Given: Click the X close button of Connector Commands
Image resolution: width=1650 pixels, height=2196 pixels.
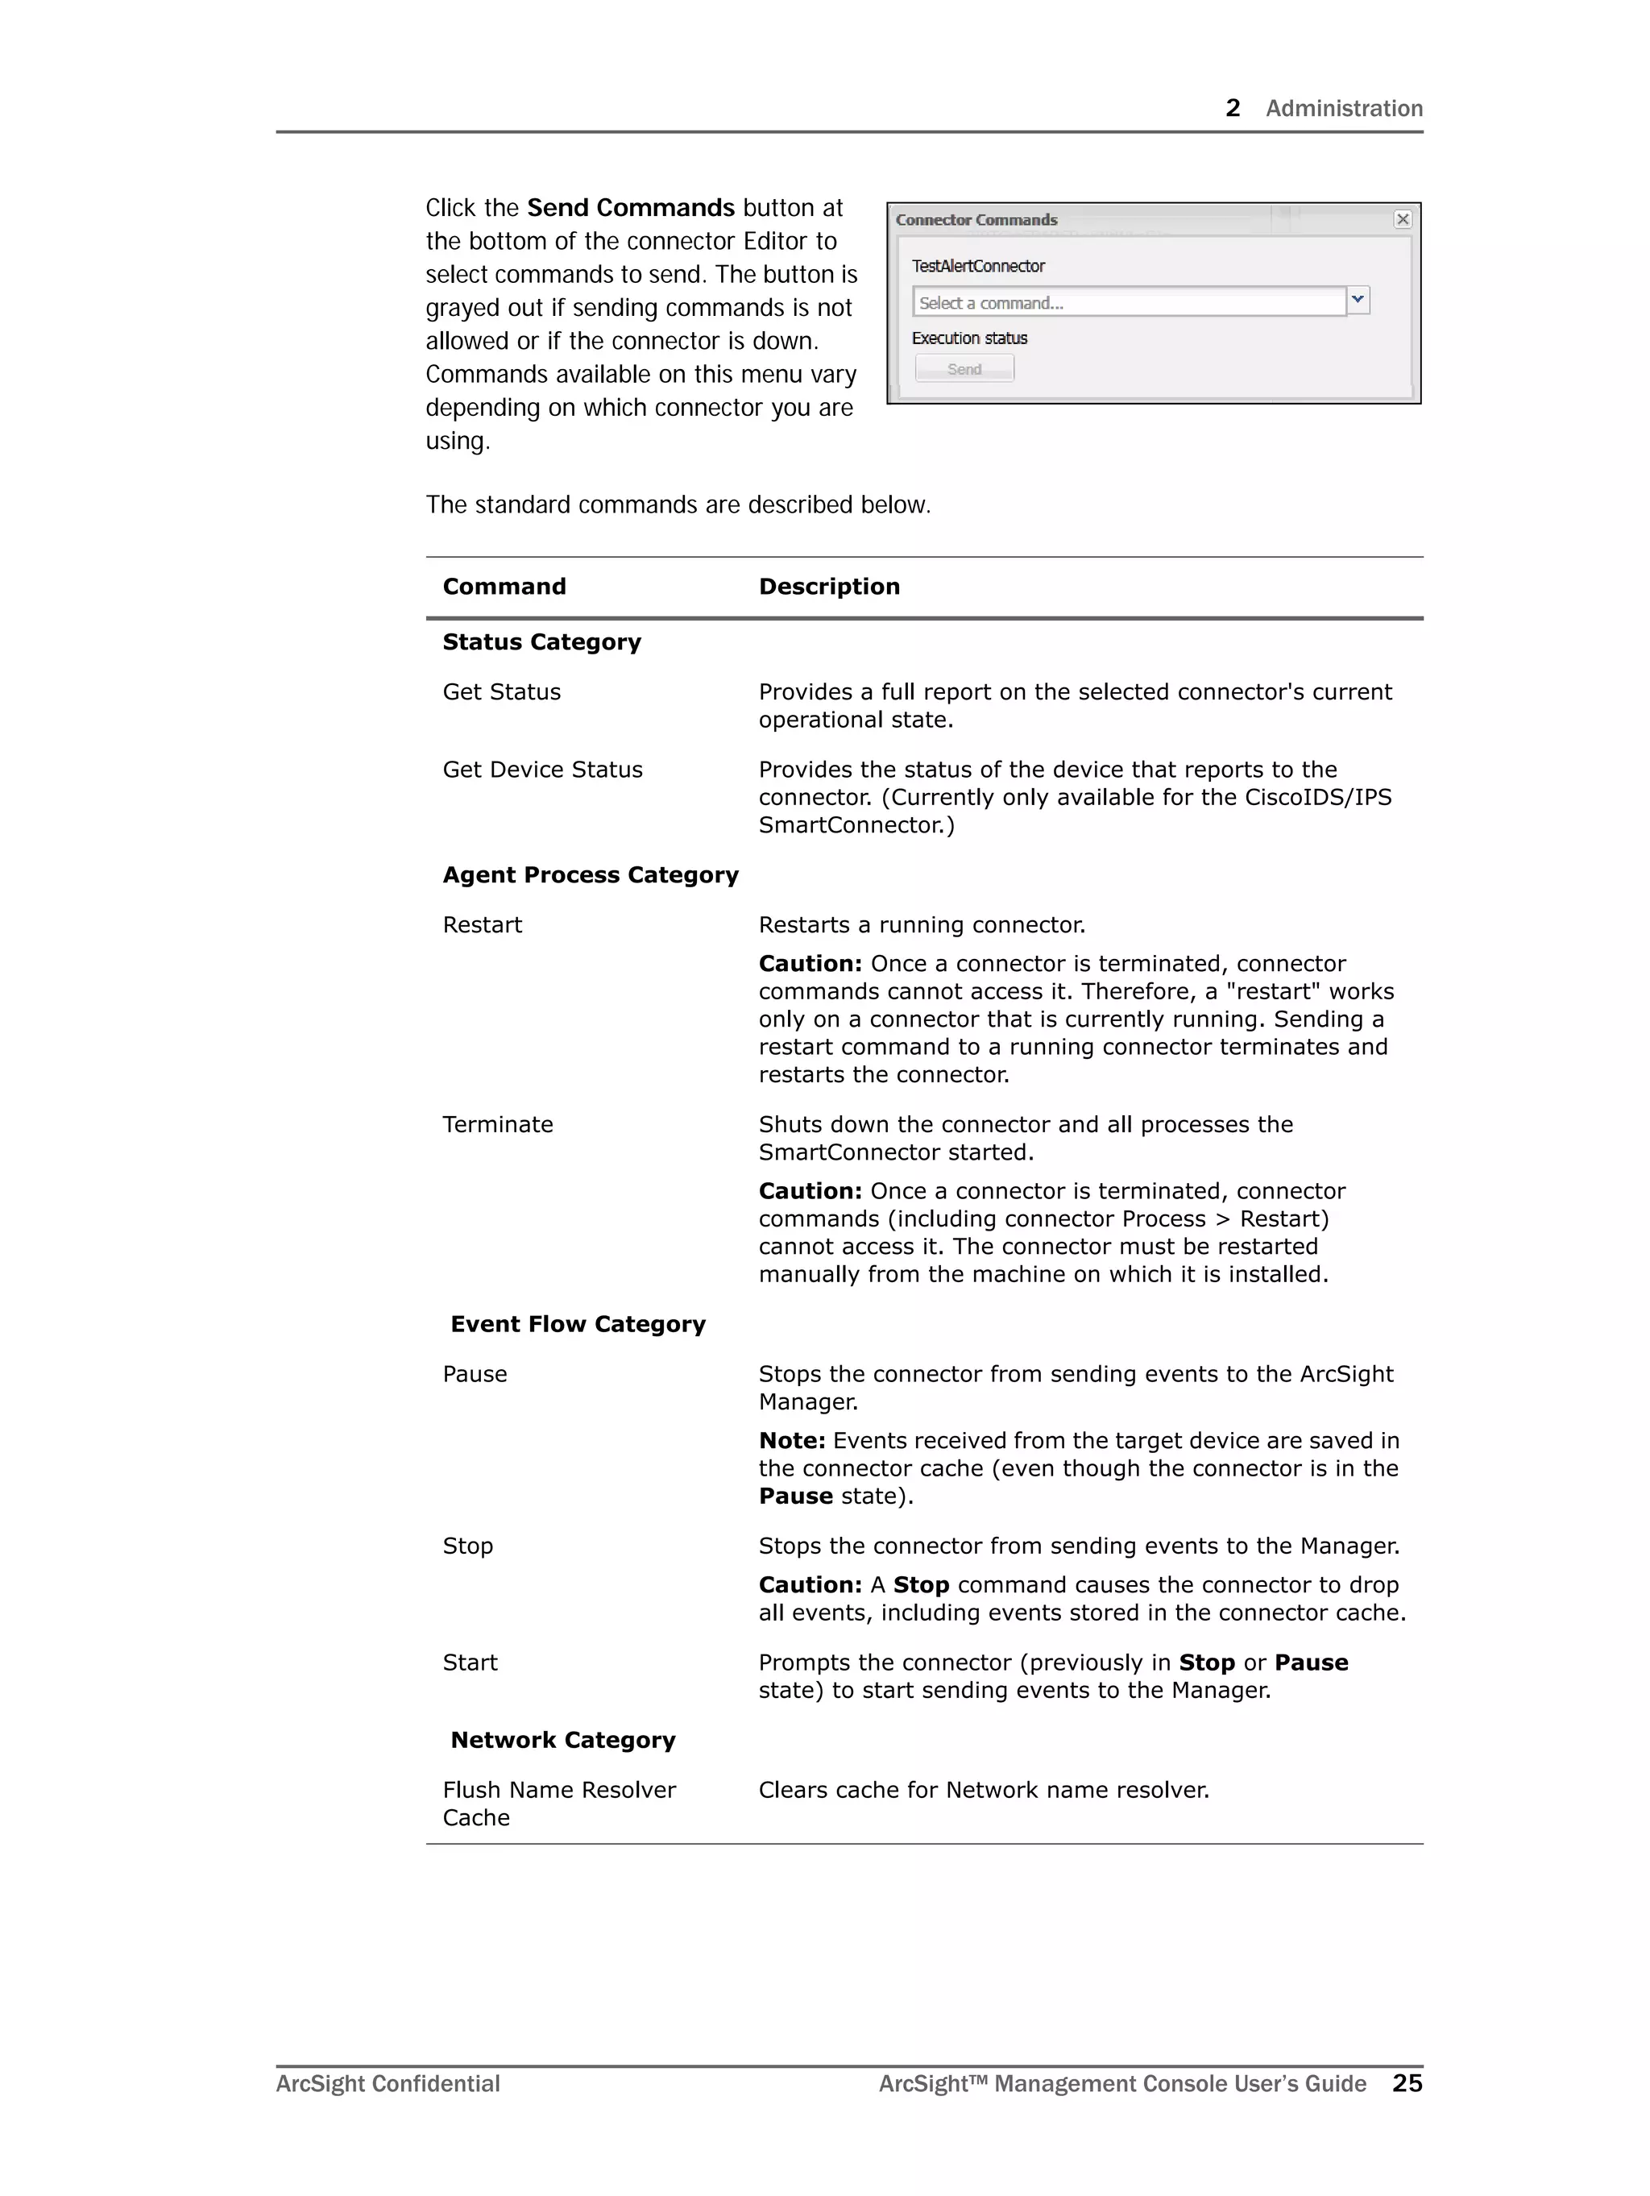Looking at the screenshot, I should pyautogui.click(x=1402, y=219).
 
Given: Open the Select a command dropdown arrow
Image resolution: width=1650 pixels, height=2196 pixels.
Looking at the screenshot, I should pyautogui.click(x=1357, y=300).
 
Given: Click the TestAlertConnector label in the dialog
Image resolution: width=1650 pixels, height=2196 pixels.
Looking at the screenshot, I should pyautogui.click(x=978, y=266).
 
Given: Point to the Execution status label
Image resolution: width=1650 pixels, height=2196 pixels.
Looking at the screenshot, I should pyautogui.click(x=969, y=338).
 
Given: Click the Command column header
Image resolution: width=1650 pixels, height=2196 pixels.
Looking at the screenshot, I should pyautogui.click(x=504, y=587).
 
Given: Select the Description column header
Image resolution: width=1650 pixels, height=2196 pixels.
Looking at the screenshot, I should pyautogui.click(x=829, y=587).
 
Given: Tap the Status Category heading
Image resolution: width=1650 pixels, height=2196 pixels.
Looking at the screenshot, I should pyautogui.click(x=541, y=642).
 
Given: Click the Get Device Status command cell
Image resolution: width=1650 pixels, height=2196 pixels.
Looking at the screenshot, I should pyautogui.click(x=542, y=770).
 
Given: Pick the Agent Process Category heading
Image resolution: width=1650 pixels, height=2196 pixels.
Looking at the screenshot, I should pyautogui.click(x=590, y=874).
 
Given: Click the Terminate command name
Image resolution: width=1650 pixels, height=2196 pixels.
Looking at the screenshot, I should pyautogui.click(x=497, y=1124).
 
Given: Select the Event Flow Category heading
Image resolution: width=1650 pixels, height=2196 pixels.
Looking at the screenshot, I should pyautogui.click(x=578, y=1324).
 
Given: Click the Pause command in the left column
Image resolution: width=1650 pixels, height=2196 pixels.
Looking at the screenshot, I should pyautogui.click(x=475, y=1374).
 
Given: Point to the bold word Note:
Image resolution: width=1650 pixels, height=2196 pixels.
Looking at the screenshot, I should pyautogui.click(x=791, y=1441).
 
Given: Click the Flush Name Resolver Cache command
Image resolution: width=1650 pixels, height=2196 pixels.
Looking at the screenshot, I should pyautogui.click(x=558, y=1803).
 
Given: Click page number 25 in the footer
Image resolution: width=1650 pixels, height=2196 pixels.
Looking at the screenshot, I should pyautogui.click(x=1407, y=2083).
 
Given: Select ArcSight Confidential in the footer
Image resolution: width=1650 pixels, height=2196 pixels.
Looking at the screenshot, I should pyautogui.click(x=388, y=2084).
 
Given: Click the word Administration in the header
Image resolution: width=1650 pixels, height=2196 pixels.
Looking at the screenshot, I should pyautogui.click(x=1343, y=108).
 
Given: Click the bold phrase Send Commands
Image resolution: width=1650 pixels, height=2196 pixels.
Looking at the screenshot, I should pyautogui.click(x=630, y=207).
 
